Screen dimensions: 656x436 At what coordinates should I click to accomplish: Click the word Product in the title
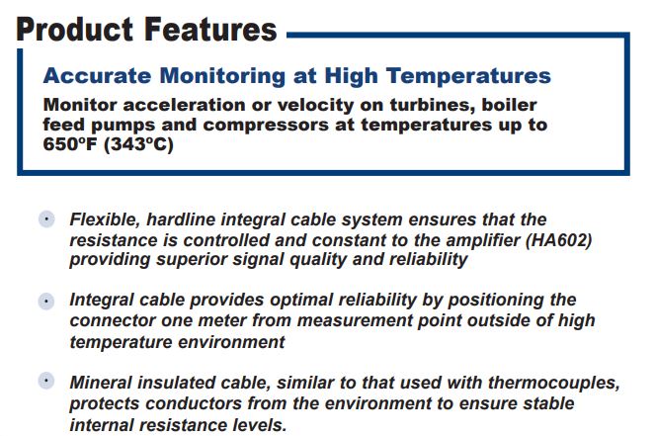[x=75, y=30]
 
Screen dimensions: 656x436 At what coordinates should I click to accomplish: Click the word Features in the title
[x=210, y=30]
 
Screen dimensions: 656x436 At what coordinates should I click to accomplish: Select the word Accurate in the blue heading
[x=97, y=76]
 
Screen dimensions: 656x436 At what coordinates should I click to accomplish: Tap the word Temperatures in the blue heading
[x=468, y=77]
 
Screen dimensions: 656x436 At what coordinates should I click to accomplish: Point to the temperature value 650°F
[x=70, y=144]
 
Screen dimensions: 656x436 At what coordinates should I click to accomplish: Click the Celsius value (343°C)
[x=138, y=144]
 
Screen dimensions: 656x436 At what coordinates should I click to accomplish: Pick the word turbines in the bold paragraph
[x=433, y=105]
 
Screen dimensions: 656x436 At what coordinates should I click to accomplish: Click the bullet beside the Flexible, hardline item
[x=46, y=219]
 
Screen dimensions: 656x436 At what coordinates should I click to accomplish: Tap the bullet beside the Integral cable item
[x=46, y=302]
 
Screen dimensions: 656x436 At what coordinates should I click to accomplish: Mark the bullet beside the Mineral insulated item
[x=46, y=381]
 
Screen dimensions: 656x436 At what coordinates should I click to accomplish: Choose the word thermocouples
[x=554, y=384]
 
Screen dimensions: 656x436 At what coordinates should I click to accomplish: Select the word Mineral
[x=101, y=383]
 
